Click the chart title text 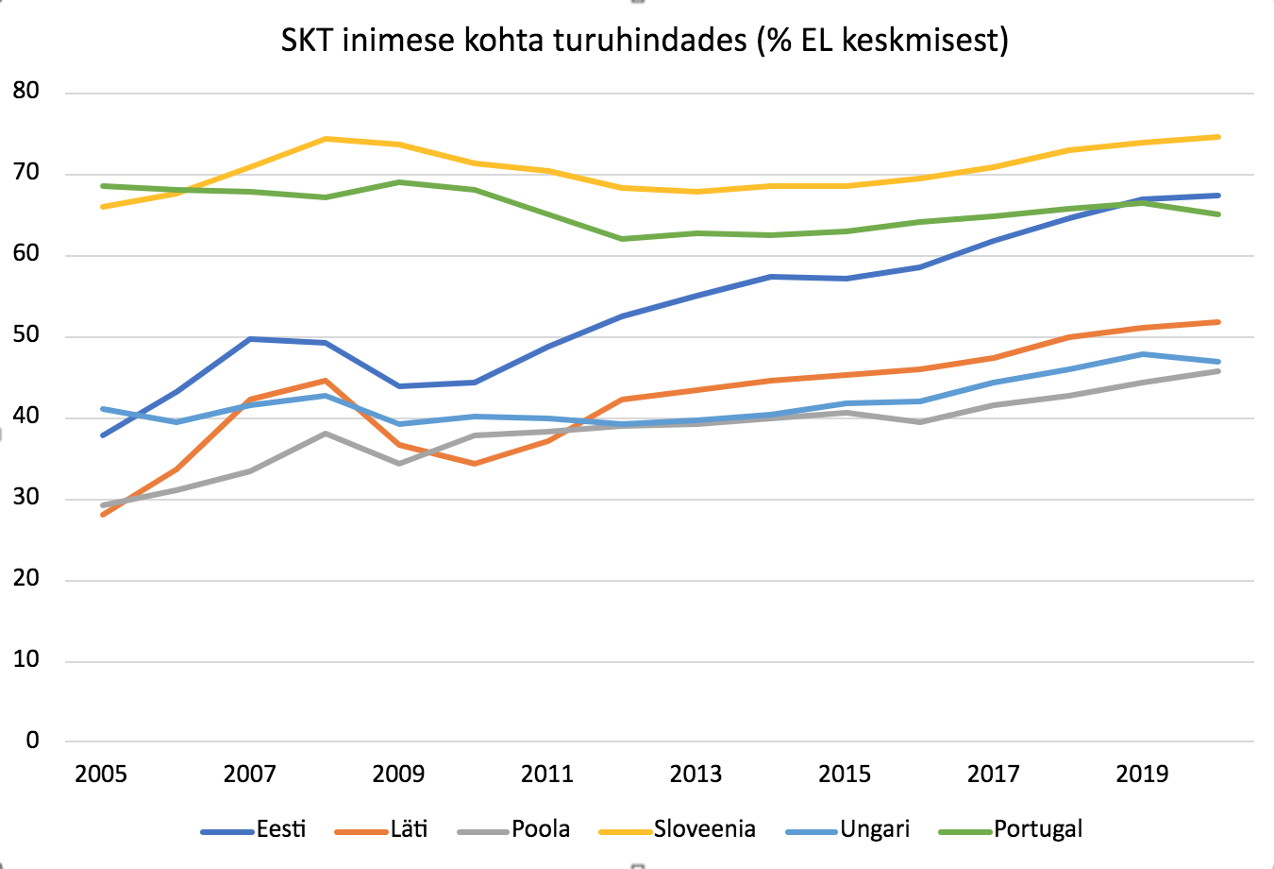[x=645, y=41]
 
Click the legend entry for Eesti [x=281, y=829]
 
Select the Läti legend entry [x=409, y=829]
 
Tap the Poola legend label [x=541, y=829]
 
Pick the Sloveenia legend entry [x=704, y=829]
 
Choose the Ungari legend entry [x=875, y=829]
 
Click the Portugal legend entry [x=1037, y=829]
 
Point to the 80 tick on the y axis [x=26, y=92]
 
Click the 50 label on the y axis [x=26, y=335]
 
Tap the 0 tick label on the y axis [x=33, y=741]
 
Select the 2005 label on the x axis [x=101, y=775]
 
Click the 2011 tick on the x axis [x=547, y=775]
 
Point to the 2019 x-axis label [x=1142, y=775]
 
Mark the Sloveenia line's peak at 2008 [x=325, y=139]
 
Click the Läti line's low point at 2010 [x=474, y=464]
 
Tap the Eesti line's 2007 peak [x=250, y=338]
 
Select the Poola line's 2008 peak [x=325, y=433]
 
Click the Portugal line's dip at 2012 [x=622, y=239]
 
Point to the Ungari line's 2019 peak [x=1143, y=354]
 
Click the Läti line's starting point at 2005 [x=102, y=515]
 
